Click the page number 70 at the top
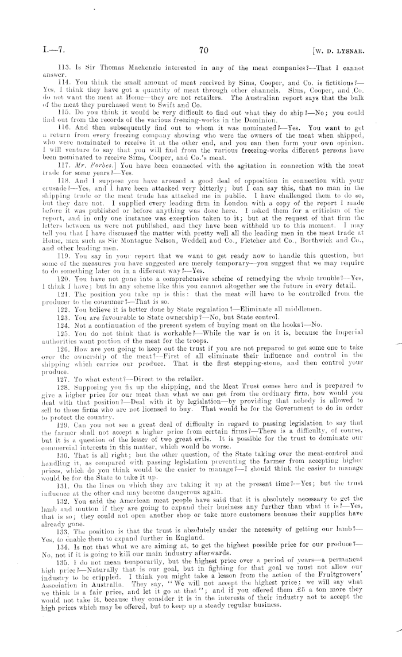[x=202, y=51]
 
